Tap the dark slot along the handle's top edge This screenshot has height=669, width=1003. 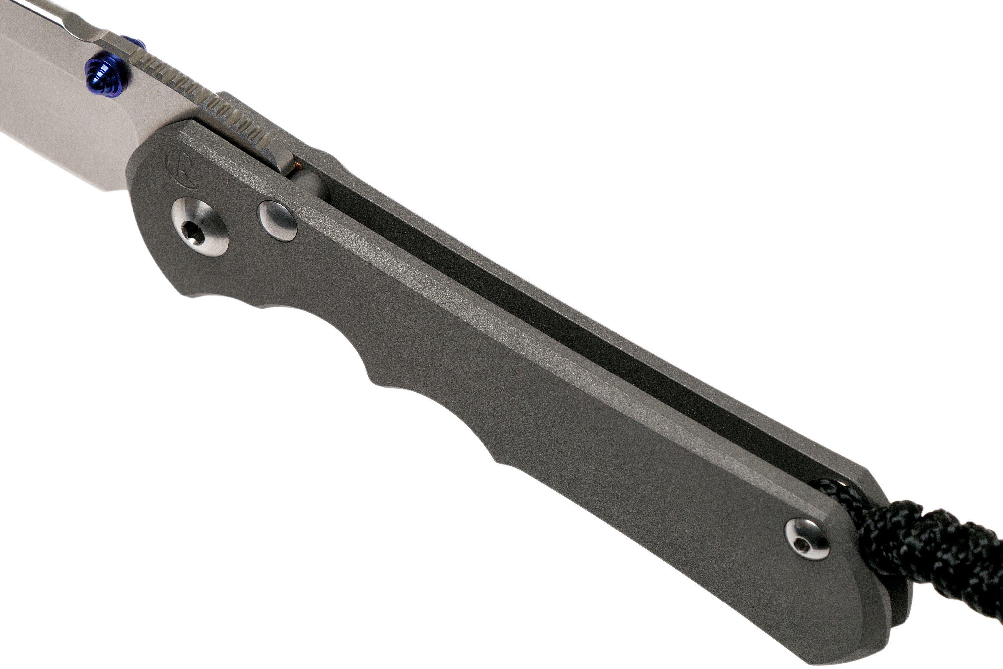(x=554, y=324)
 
